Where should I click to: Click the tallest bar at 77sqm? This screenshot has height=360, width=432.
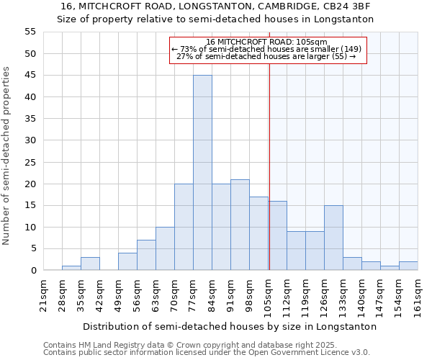pos(202,173)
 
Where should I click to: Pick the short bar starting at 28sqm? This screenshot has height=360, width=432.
pos(71,268)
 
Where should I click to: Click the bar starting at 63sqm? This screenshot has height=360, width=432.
pos(165,248)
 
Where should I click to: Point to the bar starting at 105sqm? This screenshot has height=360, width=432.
pos(278,235)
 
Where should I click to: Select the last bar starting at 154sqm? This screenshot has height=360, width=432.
pos(408,266)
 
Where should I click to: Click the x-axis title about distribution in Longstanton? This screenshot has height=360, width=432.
pos(230,326)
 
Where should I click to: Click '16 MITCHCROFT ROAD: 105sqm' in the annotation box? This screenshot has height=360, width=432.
pos(266,42)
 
